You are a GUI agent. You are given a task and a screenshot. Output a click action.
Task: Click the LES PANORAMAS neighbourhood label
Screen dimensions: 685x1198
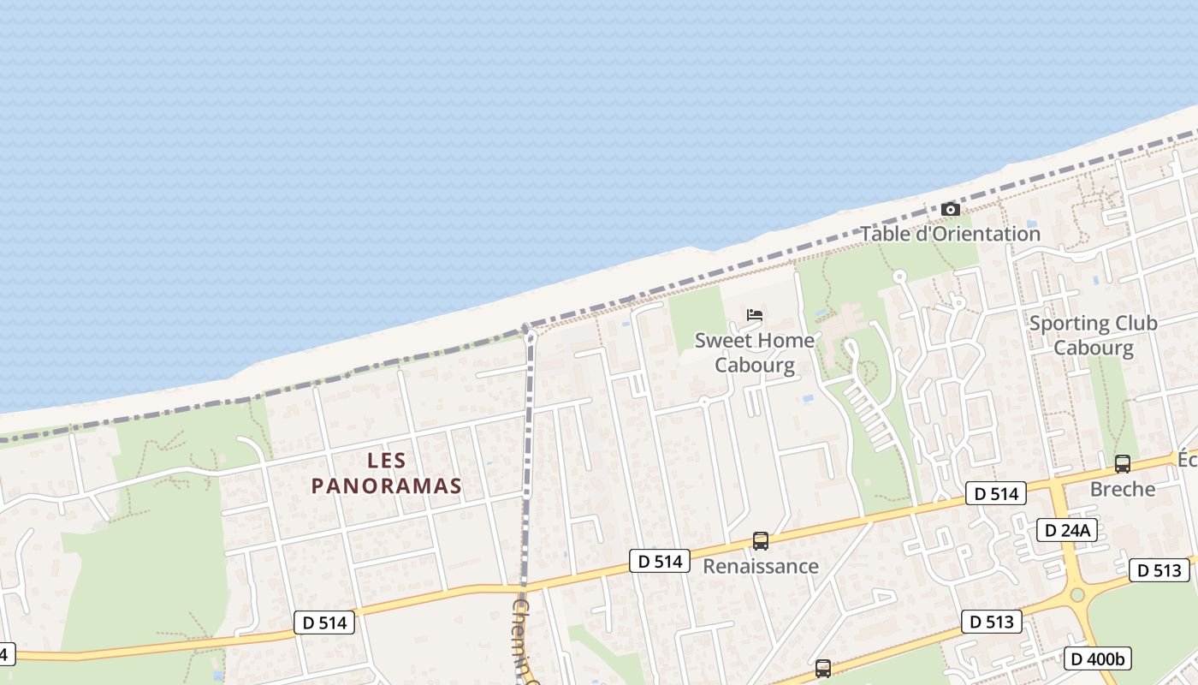tap(386, 474)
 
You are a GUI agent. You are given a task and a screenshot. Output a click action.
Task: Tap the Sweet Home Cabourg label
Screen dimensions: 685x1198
tap(755, 353)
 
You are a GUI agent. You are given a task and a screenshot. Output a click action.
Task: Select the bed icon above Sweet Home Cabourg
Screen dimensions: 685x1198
tap(755, 315)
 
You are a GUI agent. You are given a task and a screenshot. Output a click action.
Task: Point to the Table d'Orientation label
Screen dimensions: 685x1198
tap(950, 234)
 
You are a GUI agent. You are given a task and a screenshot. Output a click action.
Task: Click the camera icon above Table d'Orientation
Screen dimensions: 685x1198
tap(950, 209)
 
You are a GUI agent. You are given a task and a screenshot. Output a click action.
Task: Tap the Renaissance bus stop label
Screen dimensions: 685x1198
tap(760, 566)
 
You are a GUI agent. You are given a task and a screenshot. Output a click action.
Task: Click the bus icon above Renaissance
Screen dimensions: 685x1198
tap(760, 540)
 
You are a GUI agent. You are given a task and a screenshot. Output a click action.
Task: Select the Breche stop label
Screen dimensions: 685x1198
tap(1122, 489)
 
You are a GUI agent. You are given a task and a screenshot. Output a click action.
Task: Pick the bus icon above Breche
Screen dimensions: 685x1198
tap(1122, 464)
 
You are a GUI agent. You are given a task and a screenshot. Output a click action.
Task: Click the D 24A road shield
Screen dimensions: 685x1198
tap(1066, 530)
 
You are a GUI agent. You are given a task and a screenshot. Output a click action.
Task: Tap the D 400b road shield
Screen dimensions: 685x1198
tap(1098, 658)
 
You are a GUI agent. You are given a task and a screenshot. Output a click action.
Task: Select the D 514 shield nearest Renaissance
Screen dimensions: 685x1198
tap(660, 561)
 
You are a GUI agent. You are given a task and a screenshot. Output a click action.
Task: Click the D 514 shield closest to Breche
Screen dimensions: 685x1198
tap(995, 493)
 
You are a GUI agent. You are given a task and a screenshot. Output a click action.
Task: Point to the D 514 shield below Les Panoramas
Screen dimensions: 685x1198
tap(324, 622)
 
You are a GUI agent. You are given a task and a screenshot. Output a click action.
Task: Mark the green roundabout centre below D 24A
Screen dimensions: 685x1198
tap(1076, 594)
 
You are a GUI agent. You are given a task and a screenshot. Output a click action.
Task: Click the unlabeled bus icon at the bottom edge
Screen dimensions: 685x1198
tap(822, 668)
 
